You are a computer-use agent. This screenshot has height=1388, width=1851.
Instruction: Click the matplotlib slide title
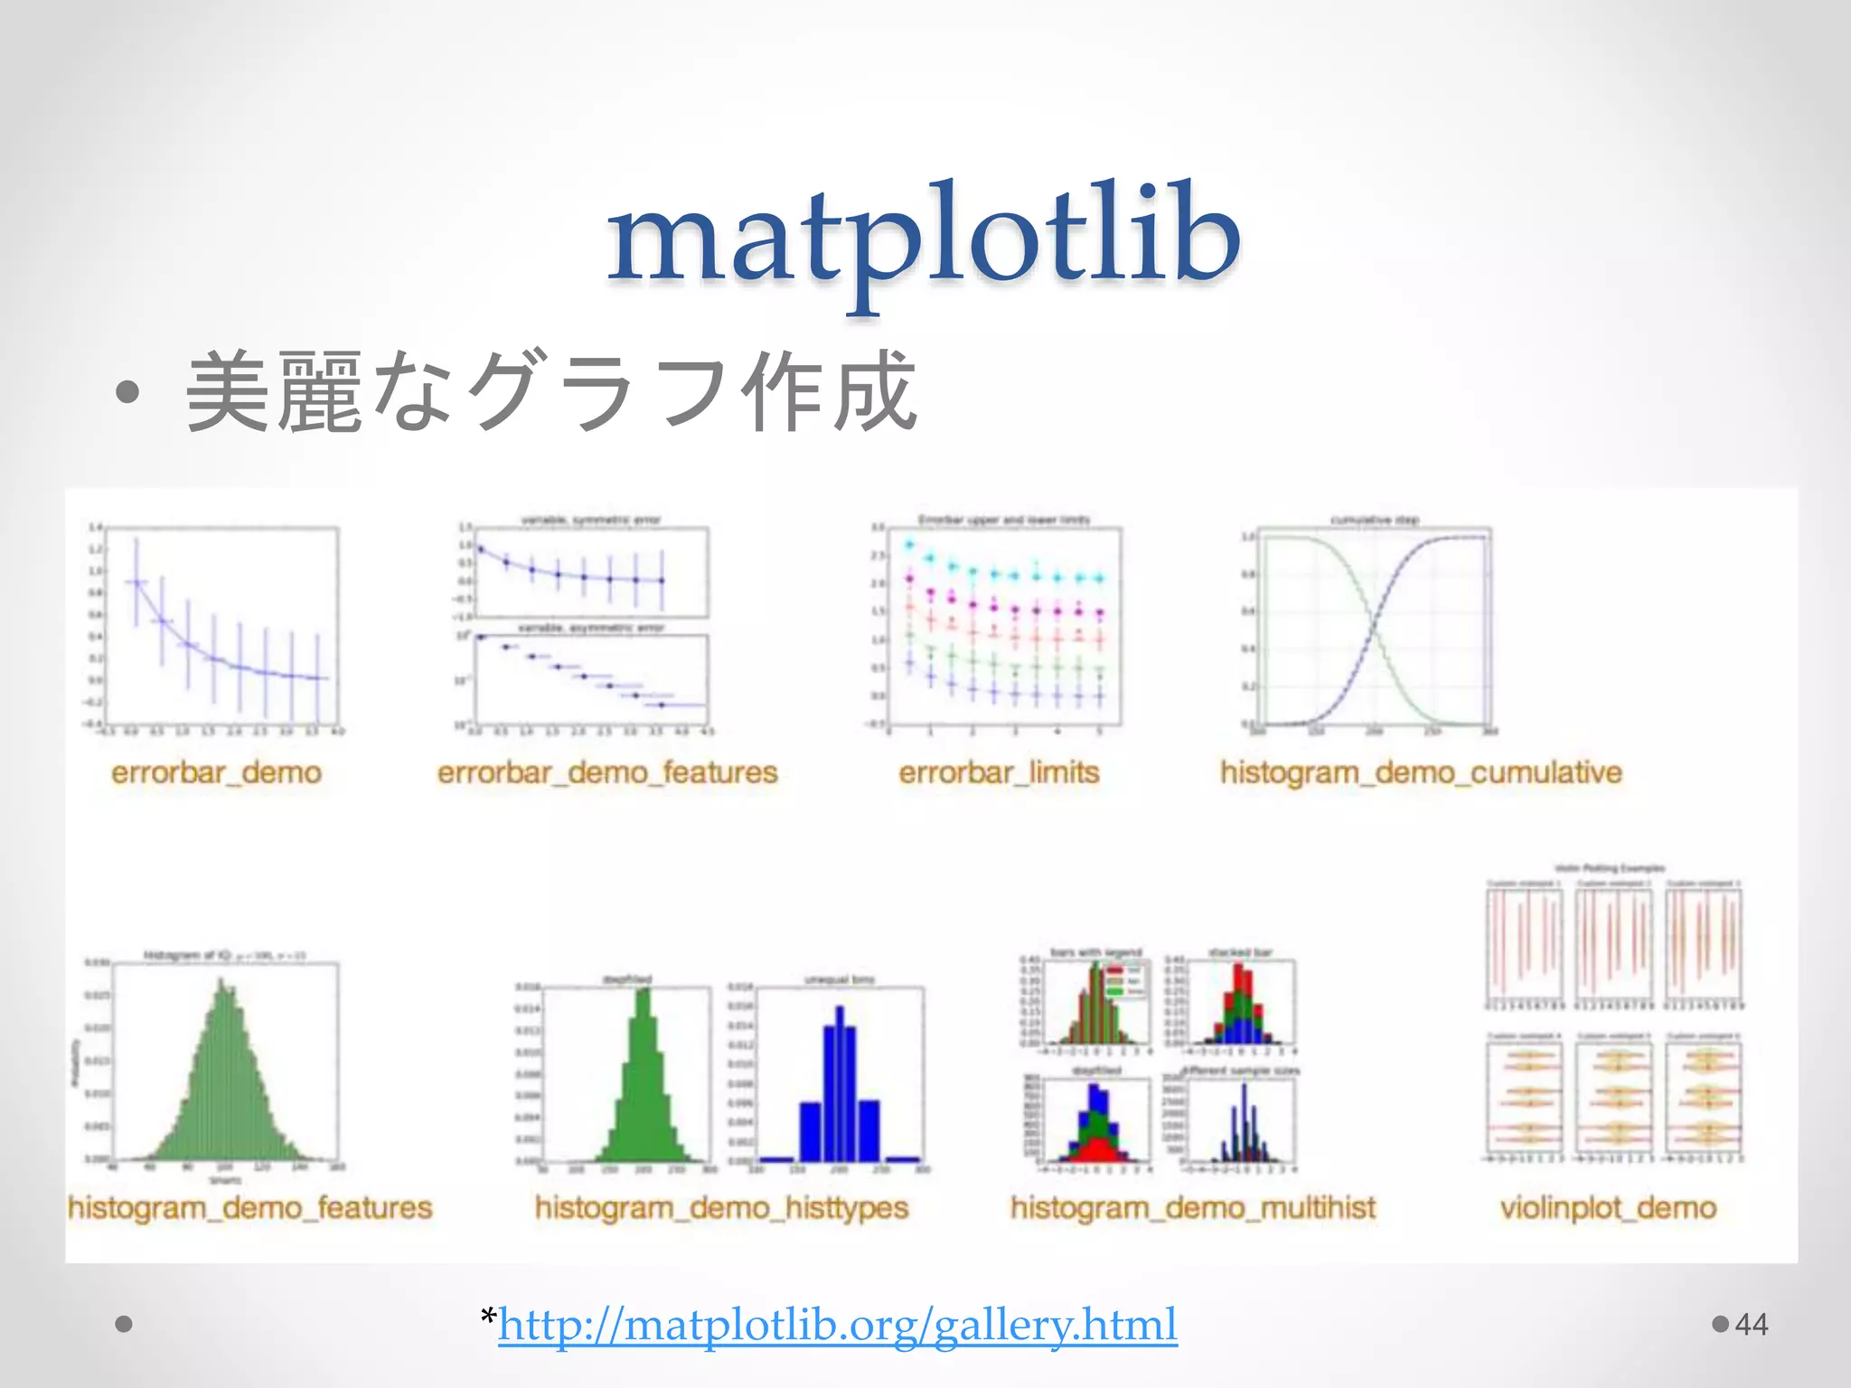924,237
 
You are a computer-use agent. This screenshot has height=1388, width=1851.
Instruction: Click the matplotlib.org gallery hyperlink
837,1325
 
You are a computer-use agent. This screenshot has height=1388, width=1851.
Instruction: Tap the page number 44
1751,1325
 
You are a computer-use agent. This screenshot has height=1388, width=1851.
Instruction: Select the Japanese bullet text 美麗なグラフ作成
551,392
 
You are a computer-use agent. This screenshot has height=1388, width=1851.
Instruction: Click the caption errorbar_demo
216,773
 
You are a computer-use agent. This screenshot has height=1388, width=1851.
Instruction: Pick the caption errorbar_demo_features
606,773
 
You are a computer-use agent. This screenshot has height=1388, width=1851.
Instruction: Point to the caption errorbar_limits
999,773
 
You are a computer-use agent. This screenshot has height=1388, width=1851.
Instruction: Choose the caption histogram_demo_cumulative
1420,773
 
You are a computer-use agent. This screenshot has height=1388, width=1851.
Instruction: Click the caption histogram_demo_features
249,1207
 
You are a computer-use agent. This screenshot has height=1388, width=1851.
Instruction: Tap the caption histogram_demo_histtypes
721,1207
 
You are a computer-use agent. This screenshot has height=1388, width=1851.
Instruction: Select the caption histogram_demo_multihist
1192,1207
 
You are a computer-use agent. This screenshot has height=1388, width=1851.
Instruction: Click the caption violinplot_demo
1608,1207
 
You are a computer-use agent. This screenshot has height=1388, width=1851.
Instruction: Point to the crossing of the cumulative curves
1374,627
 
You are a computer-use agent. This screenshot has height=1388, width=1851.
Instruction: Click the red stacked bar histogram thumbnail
1242,1003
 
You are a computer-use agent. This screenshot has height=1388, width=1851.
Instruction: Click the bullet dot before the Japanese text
127,392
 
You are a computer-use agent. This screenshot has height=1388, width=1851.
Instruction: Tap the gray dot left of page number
1720,1324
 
